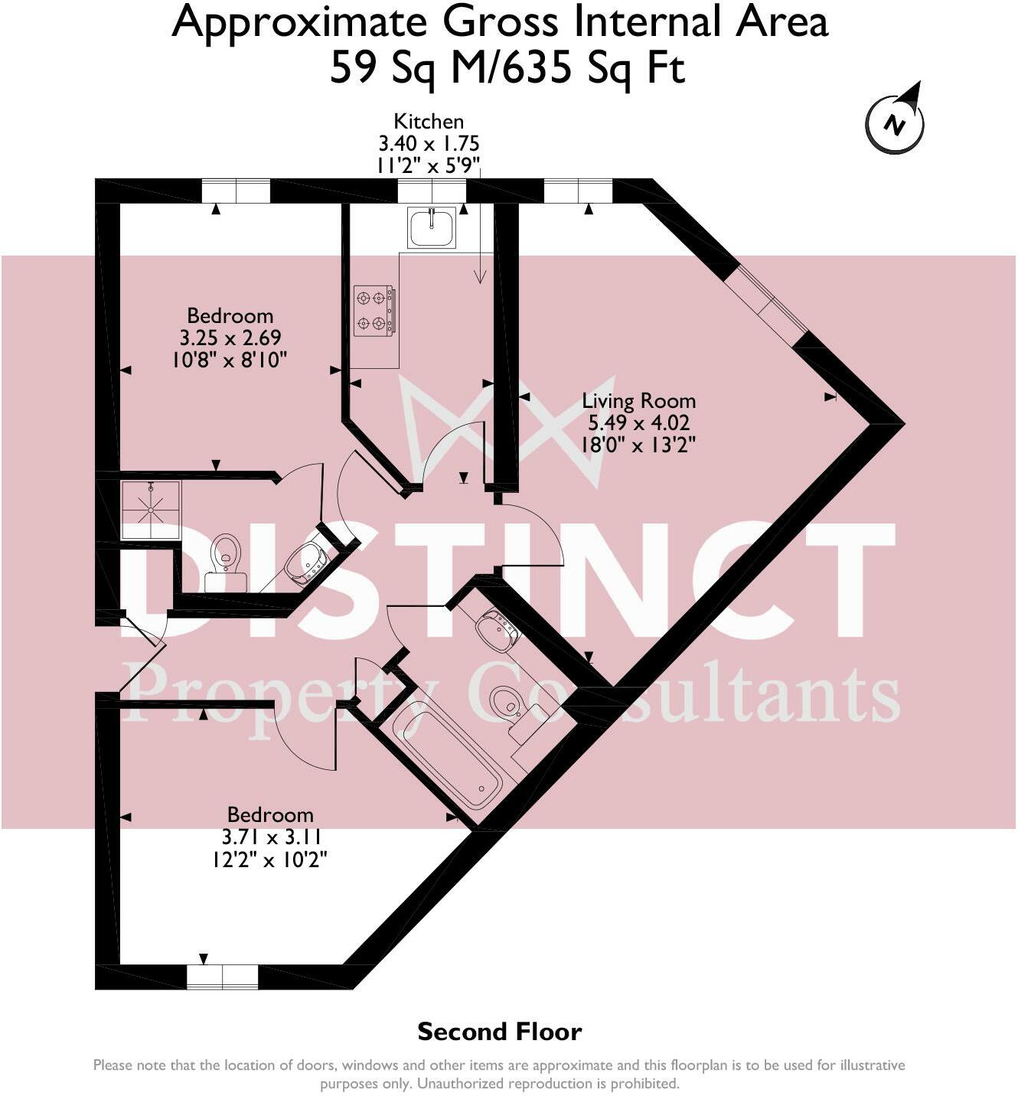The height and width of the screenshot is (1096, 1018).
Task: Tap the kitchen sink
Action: tap(432, 227)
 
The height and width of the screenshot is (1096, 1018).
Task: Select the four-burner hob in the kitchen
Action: tap(374, 310)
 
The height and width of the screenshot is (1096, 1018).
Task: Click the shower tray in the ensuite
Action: tap(151, 510)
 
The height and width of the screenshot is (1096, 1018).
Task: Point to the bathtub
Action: tap(449, 758)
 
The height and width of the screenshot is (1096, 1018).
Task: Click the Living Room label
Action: tap(638, 401)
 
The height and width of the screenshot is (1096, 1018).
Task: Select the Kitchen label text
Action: tap(429, 121)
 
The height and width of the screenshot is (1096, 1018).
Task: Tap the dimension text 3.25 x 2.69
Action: tap(230, 338)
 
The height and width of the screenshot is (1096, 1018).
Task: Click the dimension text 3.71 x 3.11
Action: tap(270, 837)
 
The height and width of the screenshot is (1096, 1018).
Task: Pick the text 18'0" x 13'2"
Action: tap(638, 445)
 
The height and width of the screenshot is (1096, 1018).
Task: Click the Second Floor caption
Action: tap(499, 1032)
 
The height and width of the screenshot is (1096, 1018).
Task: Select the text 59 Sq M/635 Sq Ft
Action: tap(507, 69)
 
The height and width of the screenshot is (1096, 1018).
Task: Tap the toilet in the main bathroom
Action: tap(507, 703)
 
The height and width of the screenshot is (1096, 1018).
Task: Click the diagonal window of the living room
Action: tap(765, 300)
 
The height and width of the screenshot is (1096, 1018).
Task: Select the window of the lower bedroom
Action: tap(223, 977)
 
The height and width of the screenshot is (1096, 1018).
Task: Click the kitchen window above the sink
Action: tap(432, 191)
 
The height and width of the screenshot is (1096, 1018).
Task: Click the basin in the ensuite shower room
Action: tap(306, 563)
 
